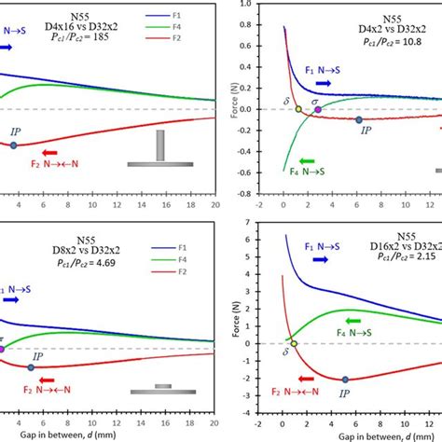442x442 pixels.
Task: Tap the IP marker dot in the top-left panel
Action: [x=13, y=145]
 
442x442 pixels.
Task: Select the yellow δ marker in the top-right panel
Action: [x=298, y=109]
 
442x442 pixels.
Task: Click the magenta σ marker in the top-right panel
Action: [x=318, y=110]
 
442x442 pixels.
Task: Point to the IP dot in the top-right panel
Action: [x=359, y=119]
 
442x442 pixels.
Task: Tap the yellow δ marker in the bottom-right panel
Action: [x=294, y=343]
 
